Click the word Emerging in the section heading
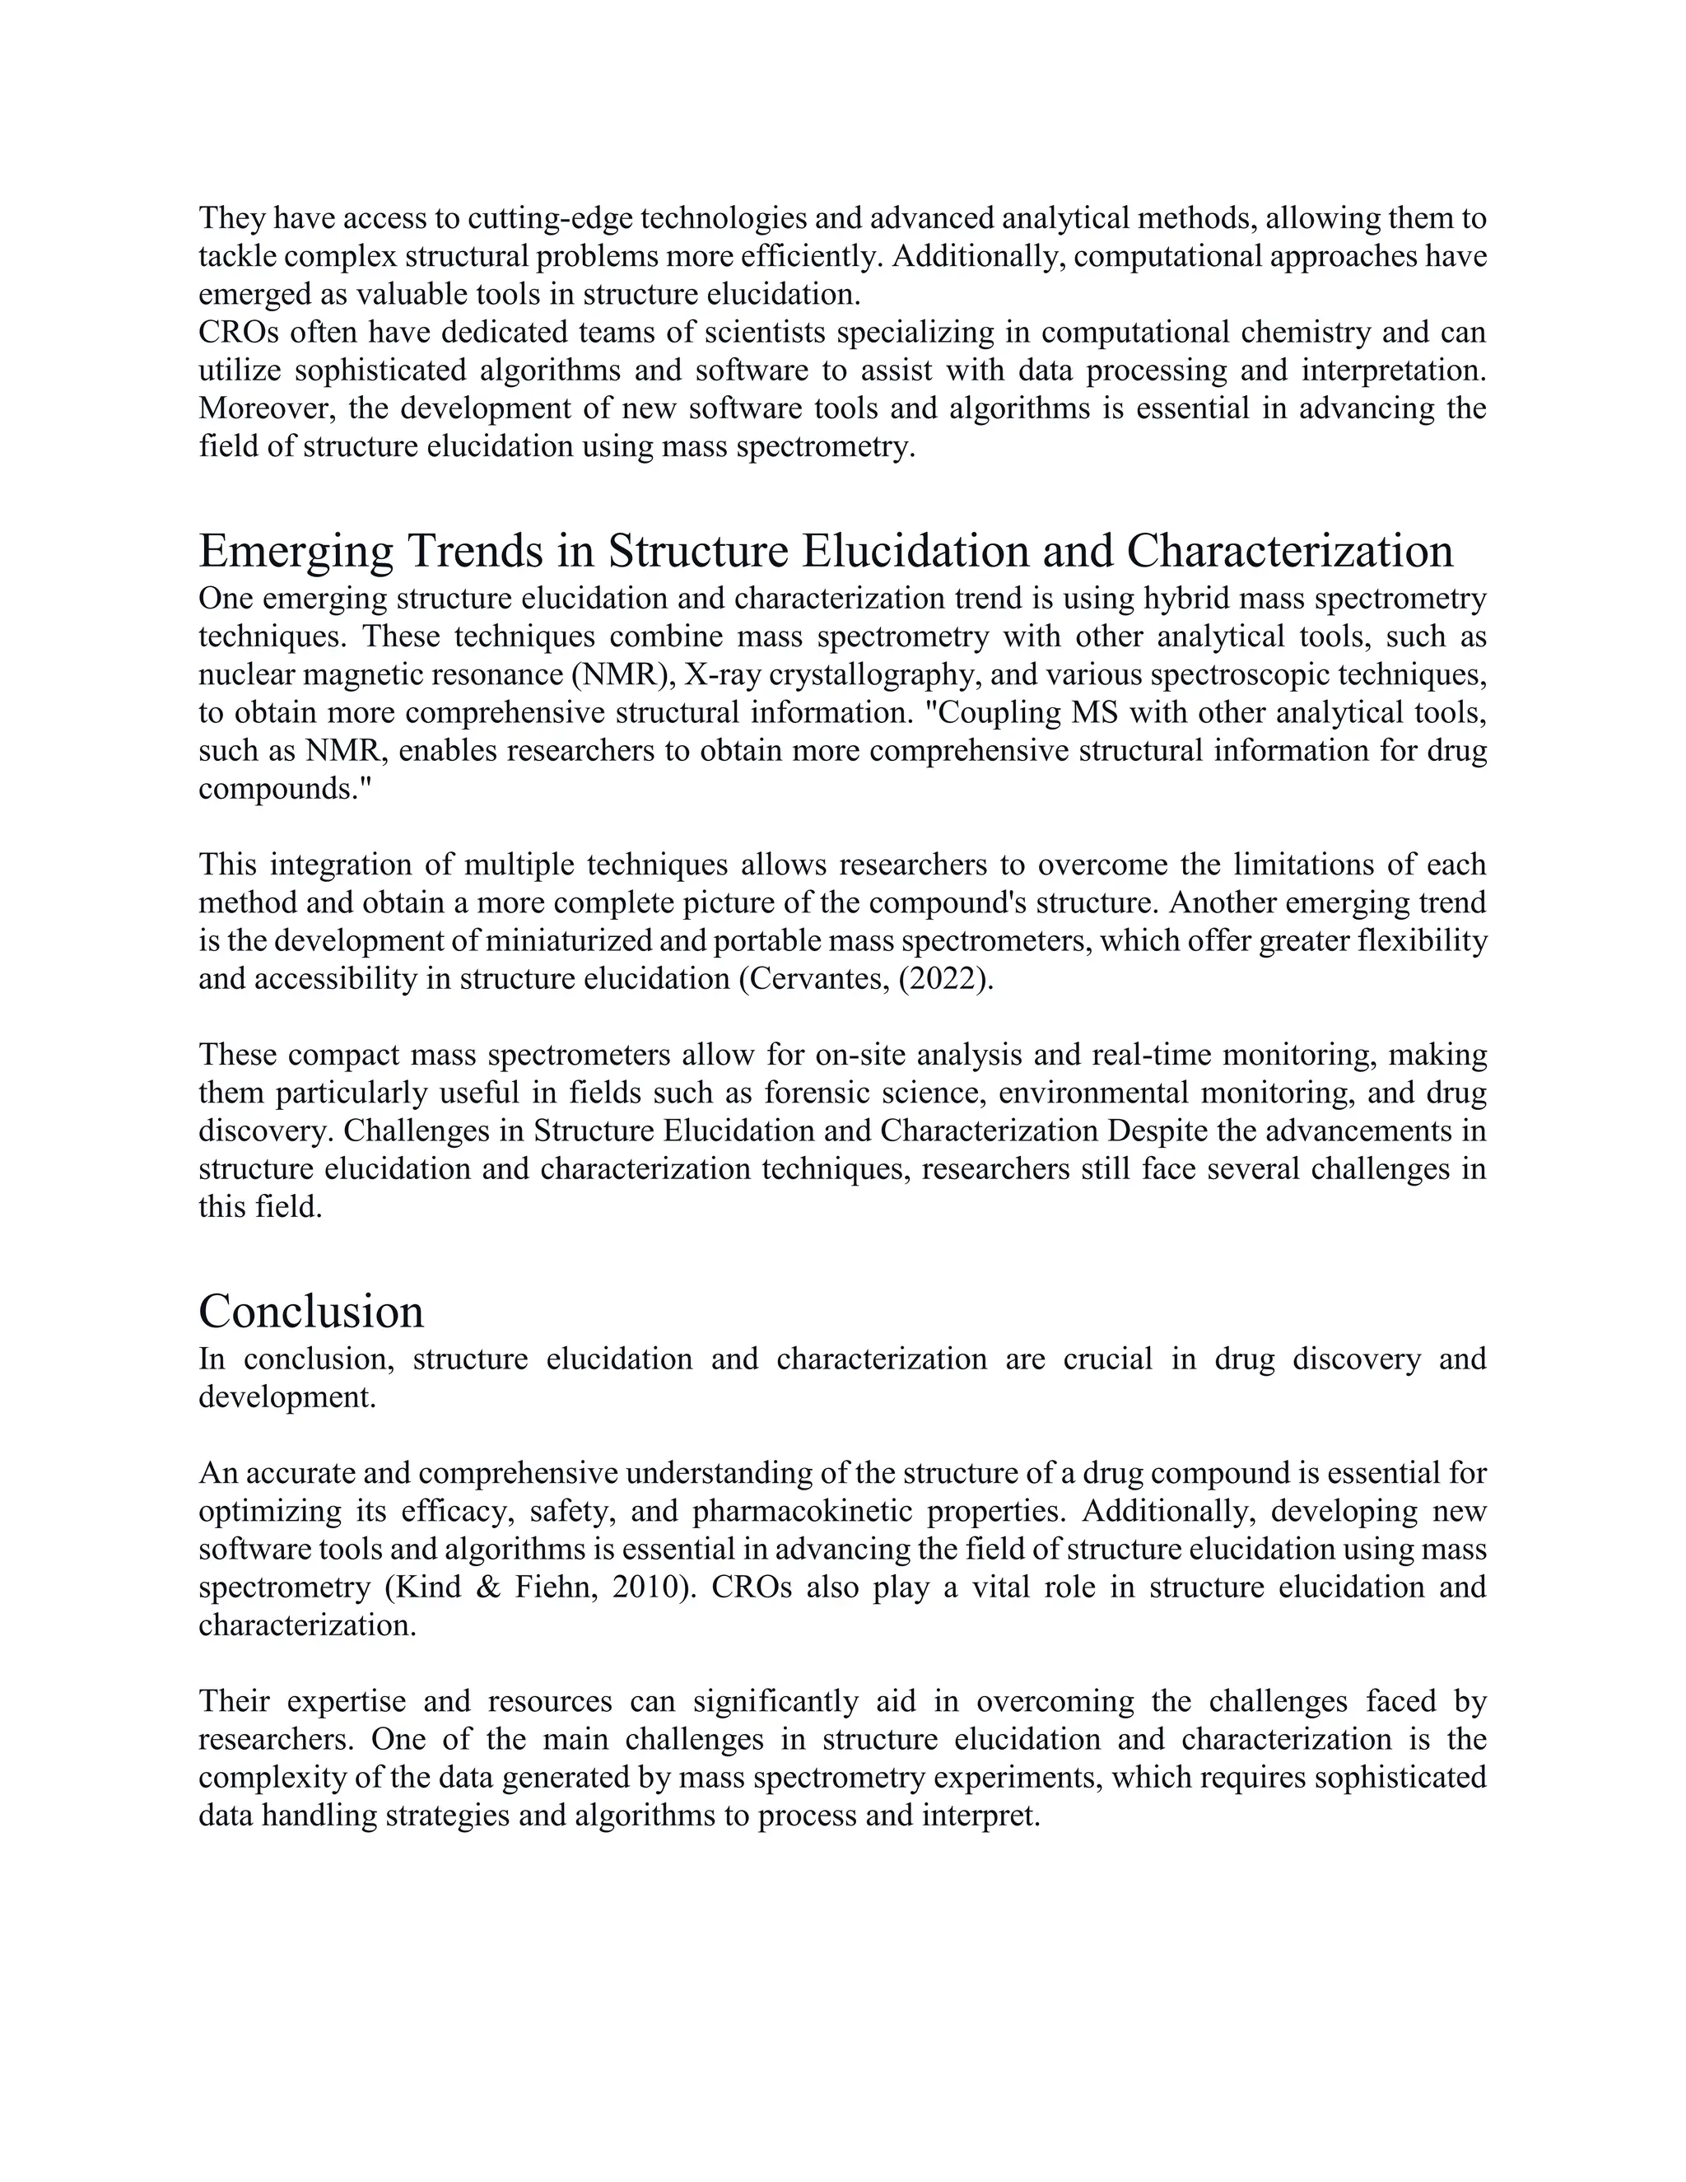pyautogui.click(x=296, y=552)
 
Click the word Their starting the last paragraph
pyautogui.click(x=237, y=1700)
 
